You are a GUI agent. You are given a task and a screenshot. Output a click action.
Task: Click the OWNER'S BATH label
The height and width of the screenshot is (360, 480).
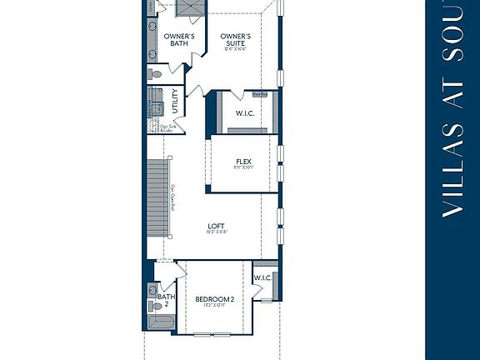pyautogui.click(x=179, y=40)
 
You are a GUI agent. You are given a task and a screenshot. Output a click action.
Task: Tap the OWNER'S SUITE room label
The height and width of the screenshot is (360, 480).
pyautogui.click(x=237, y=40)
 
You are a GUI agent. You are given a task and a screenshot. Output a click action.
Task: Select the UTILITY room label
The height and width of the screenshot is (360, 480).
pyautogui.click(x=175, y=102)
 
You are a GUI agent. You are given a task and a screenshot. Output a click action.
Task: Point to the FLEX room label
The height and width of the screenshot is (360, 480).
pyautogui.click(x=243, y=162)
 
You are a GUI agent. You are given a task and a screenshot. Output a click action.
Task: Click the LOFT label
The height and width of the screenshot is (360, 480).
pyautogui.click(x=217, y=226)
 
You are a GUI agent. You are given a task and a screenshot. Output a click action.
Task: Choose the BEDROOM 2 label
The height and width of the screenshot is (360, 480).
pyautogui.click(x=215, y=298)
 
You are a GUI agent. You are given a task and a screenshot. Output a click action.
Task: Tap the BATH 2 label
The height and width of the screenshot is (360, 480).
pyautogui.click(x=167, y=299)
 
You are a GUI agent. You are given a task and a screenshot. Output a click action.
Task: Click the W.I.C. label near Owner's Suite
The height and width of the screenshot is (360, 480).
pyautogui.click(x=244, y=113)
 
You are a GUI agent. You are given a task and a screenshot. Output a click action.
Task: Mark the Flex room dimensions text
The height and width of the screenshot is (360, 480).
pyautogui.click(x=243, y=168)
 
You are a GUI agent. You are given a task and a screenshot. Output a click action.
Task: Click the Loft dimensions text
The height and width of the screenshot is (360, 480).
pyautogui.click(x=217, y=232)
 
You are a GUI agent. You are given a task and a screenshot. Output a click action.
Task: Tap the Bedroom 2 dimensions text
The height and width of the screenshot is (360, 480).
pyautogui.click(x=215, y=306)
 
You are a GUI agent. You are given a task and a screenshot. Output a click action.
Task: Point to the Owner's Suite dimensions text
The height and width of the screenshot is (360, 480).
pyautogui.click(x=237, y=48)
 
